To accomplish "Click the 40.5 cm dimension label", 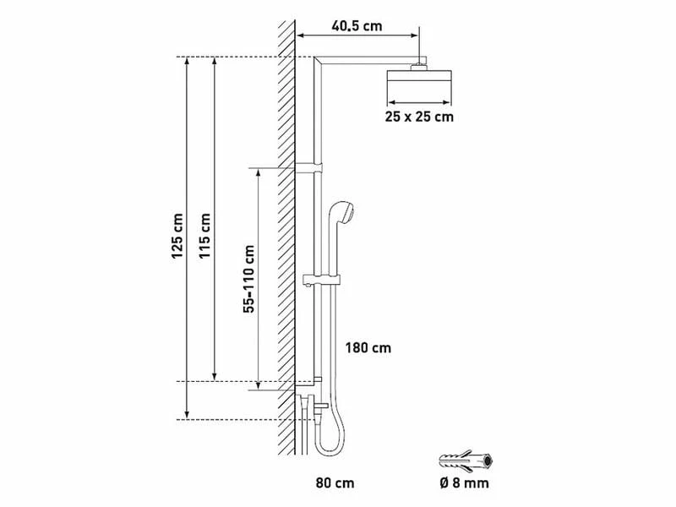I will pos(356,25).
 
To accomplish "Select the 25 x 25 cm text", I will pos(419,117).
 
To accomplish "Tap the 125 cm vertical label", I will pos(177,237).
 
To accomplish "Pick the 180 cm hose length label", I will pos(368,347).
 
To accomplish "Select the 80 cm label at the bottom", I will pos(333,483).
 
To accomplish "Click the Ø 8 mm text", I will pos(463,483).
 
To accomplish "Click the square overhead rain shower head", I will pos(419,84).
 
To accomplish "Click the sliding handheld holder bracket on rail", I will pos(321,280).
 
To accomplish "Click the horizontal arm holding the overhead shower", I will pos(368,62).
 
